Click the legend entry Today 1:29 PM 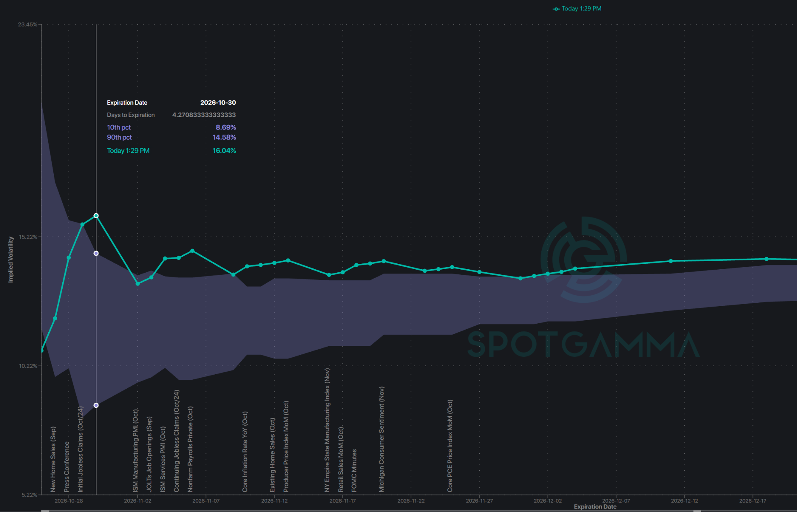577,9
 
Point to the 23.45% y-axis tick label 27,25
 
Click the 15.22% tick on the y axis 28,237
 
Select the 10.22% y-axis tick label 28,366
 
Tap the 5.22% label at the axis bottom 29,495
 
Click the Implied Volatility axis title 11,260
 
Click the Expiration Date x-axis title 595,507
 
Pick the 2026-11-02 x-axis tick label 137,501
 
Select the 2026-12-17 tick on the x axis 753,501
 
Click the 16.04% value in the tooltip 224,151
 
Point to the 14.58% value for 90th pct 224,137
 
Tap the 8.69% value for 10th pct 226,127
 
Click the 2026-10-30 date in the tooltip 218,103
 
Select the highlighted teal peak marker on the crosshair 96,216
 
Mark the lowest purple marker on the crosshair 96,405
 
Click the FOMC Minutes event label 354,471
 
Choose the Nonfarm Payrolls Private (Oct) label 190,449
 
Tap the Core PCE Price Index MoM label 450,446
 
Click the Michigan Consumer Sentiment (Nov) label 381,439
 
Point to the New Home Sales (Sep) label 53,459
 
